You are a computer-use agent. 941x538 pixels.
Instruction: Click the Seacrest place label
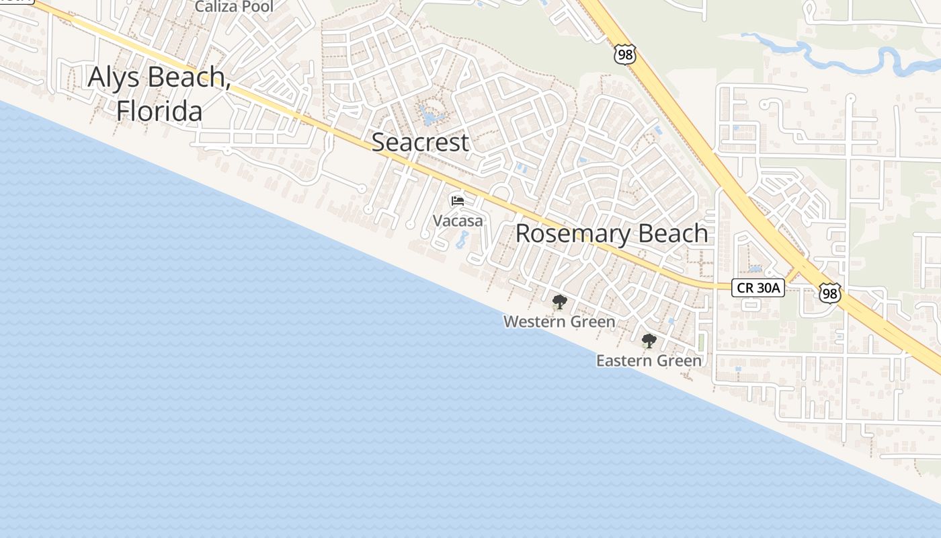tap(420, 142)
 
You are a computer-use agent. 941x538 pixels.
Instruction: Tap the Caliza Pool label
tap(234, 7)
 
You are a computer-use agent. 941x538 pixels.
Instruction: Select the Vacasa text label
tap(458, 221)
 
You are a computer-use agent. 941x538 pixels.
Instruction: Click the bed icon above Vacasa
tap(458, 200)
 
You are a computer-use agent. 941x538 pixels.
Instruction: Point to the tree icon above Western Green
tap(559, 302)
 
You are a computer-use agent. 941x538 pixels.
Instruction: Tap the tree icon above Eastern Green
tap(649, 341)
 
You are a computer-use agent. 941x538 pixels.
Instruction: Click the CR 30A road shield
tap(758, 288)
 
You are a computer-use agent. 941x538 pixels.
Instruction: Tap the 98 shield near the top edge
tap(625, 54)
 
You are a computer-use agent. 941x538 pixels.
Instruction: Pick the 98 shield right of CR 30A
tap(830, 293)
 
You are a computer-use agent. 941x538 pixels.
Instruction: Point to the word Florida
tap(159, 111)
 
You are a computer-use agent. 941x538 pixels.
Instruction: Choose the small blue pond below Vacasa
tap(462, 239)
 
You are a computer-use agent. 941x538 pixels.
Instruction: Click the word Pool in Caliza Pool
tap(258, 7)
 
